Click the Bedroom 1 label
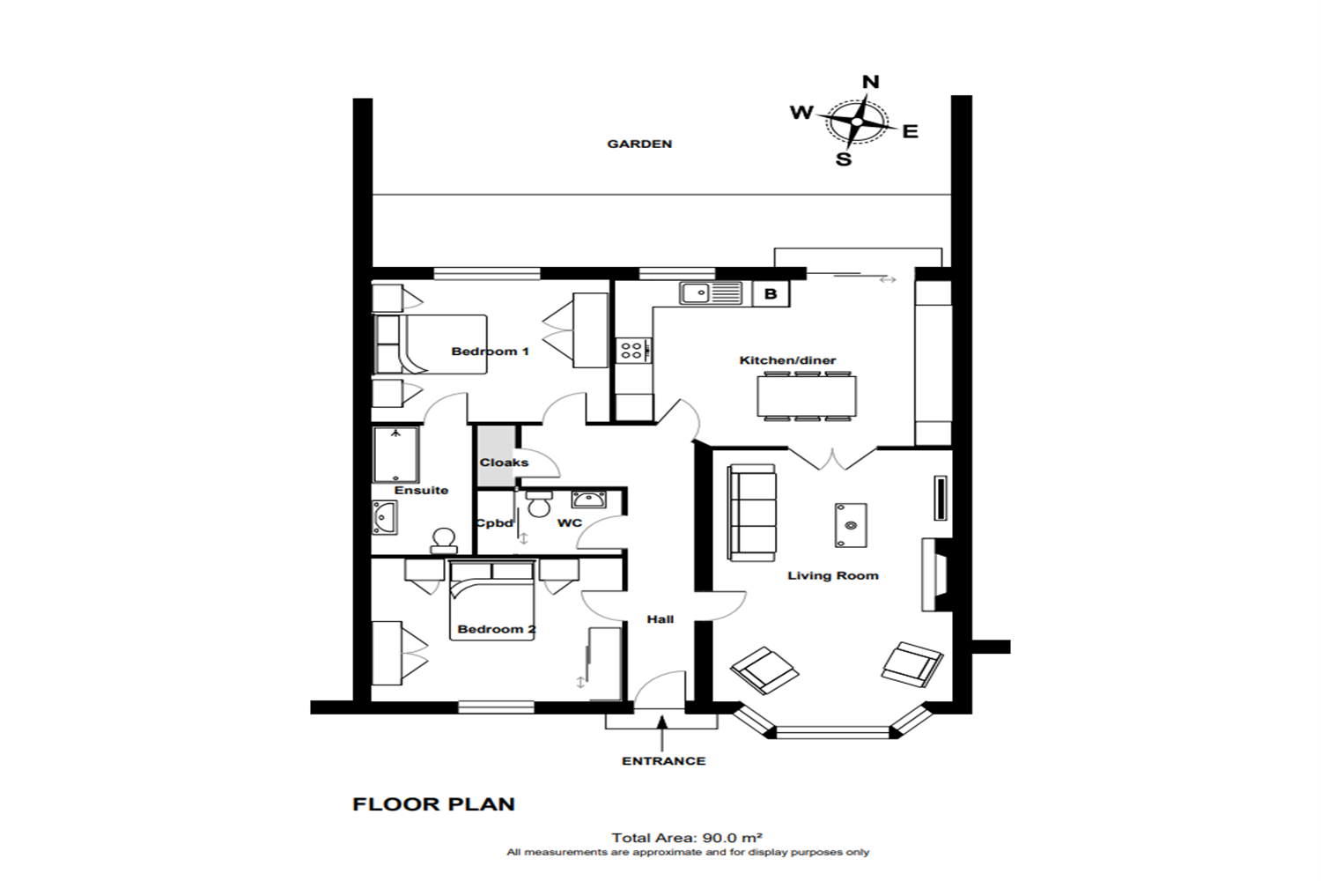pyautogui.click(x=490, y=352)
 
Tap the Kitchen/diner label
pyautogui.click(x=787, y=360)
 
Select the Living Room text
pyautogui.click(x=833, y=575)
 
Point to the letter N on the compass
pyautogui.click(x=871, y=82)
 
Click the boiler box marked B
pyautogui.click(x=771, y=293)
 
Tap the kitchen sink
pyautogui.click(x=710, y=292)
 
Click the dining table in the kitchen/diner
pyautogui.click(x=807, y=396)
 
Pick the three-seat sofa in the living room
pyautogui.click(x=752, y=513)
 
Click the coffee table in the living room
pyautogui.click(x=851, y=525)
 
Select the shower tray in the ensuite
pyautogui.click(x=395, y=455)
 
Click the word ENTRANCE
pyautogui.click(x=663, y=761)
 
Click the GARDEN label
pyautogui.click(x=639, y=144)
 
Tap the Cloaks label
pyautogui.click(x=504, y=463)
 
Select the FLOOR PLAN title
pyautogui.click(x=433, y=804)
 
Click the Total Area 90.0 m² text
pyautogui.click(x=687, y=838)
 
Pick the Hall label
pyautogui.click(x=660, y=619)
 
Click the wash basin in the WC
pyautogui.click(x=587, y=500)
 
